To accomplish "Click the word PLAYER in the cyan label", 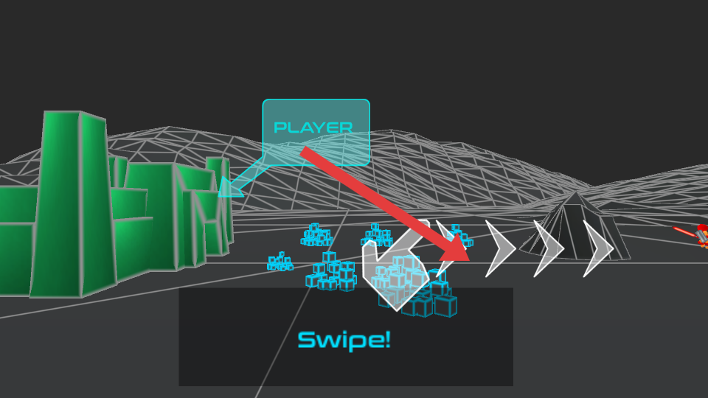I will pyautogui.click(x=313, y=128).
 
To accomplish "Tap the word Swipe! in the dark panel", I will pyautogui.click(x=344, y=341).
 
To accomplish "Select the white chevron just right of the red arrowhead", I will pyautogui.click(x=500, y=248).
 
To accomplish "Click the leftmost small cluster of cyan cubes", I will pyautogui.click(x=280, y=262).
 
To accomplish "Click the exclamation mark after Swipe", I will pyautogui.click(x=386, y=340).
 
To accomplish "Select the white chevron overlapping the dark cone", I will pyautogui.click(x=549, y=248).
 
